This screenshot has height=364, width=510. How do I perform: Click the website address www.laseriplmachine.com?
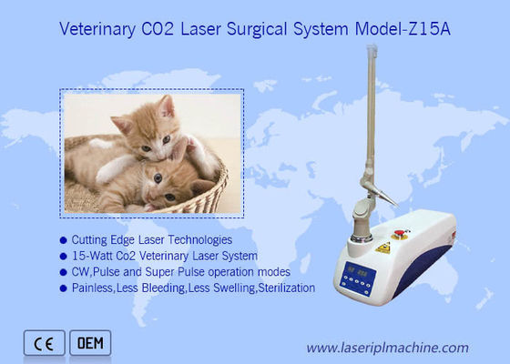pos(387,347)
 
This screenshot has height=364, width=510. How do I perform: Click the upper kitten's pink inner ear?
pos(168,110)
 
